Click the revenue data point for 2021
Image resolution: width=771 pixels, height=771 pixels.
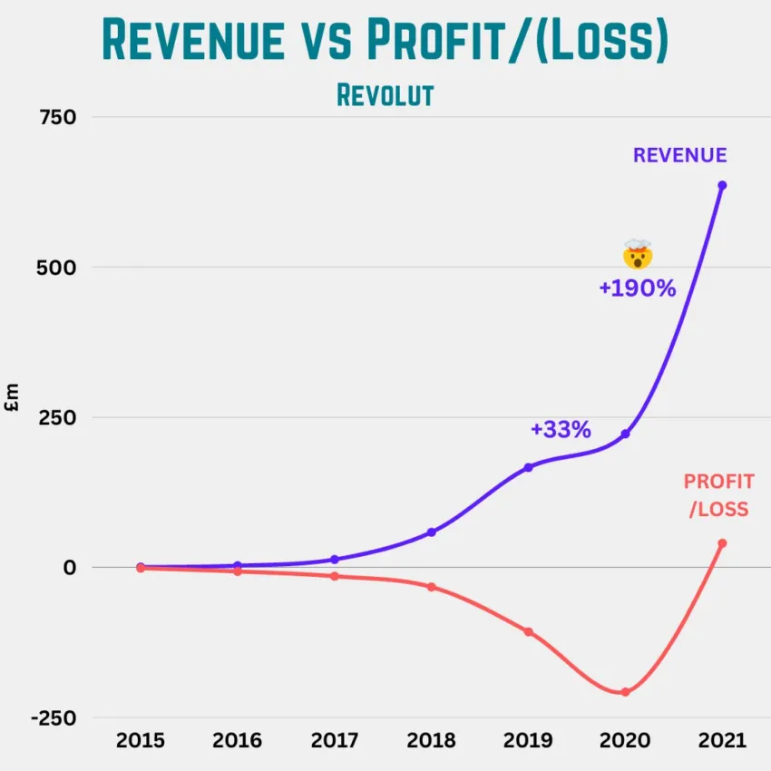click(722, 185)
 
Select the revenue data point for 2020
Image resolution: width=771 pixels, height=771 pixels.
click(625, 434)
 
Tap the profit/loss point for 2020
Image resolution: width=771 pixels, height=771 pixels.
click(625, 692)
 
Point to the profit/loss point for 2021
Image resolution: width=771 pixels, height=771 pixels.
click(722, 543)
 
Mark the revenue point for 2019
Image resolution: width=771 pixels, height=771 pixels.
click(528, 467)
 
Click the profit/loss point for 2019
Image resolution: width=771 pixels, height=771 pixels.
click(528, 631)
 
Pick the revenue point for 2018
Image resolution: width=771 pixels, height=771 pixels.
click(431, 532)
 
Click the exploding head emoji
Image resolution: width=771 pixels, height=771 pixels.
click(638, 255)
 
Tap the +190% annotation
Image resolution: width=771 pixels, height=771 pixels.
click(637, 288)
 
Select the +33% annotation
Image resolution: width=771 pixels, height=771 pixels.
click(561, 429)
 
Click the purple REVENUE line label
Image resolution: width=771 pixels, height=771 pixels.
click(679, 155)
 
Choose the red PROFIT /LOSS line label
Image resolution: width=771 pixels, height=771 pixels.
click(717, 495)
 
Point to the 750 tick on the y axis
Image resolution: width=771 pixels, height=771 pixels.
click(56, 117)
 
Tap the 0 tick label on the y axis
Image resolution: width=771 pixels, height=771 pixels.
click(69, 568)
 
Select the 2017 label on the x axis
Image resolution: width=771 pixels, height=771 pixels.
click(334, 740)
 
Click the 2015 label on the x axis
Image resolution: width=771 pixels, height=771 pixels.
click(141, 740)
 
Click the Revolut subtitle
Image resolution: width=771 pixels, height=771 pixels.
click(385, 94)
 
